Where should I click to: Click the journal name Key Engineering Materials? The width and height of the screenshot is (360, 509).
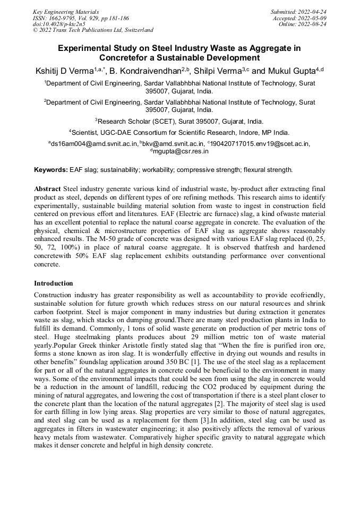point(66,11)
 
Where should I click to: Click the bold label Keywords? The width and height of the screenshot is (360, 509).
point(50,170)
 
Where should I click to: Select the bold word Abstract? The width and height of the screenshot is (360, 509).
point(47,189)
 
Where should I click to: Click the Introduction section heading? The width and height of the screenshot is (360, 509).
point(53,283)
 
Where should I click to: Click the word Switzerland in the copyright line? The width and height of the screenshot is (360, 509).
point(135,30)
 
